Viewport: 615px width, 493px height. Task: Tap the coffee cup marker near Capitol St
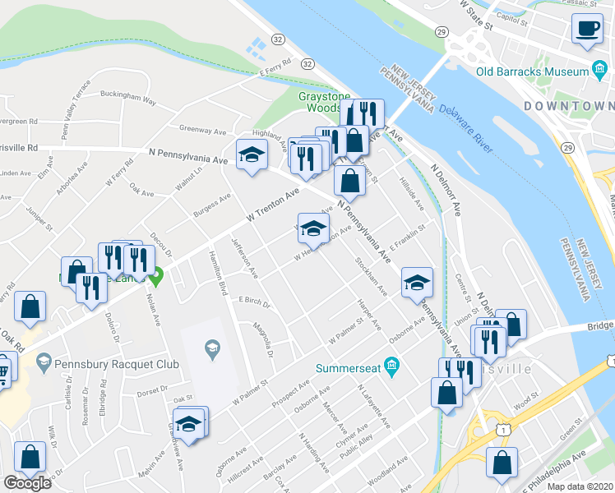587,29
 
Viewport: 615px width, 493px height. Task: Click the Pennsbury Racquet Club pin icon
44,361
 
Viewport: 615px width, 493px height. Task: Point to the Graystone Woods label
319,101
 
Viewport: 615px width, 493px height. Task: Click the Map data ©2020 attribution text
580,486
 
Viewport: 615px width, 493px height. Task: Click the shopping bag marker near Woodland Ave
502,462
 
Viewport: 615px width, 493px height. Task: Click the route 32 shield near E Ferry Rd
307,63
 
